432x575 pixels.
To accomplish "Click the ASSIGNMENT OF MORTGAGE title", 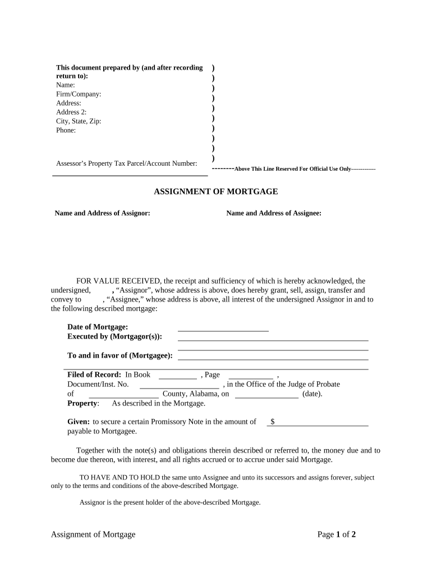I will [x=216, y=192].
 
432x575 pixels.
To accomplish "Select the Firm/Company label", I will [x=79, y=94].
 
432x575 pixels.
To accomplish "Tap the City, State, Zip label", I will [x=79, y=121].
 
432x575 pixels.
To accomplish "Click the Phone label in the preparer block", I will [x=66, y=130].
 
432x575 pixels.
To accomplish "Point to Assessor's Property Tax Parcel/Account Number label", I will [x=126, y=163].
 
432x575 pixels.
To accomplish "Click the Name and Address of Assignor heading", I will [x=102, y=213].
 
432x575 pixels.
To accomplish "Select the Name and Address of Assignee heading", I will [x=274, y=213].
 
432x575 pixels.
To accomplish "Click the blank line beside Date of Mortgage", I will [x=223, y=328].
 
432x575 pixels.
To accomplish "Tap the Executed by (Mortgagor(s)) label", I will [x=114, y=336].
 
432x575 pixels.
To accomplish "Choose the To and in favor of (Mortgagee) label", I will [x=120, y=355].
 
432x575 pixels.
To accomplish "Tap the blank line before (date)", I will [x=266, y=395].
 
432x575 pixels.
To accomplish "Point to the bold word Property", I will [x=82, y=403].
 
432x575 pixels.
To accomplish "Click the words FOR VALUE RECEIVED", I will [x=118, y=281].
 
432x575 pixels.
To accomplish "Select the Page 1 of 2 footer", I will [x=337, y=535].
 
